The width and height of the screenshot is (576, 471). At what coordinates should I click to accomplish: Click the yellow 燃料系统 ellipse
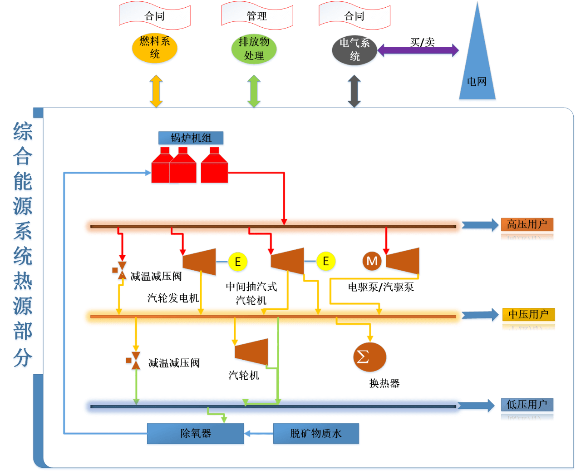click(154, 48)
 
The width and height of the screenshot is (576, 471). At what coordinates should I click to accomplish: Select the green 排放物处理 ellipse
click(254, 49)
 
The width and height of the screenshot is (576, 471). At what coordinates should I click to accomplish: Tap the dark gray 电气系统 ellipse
click(354, 50)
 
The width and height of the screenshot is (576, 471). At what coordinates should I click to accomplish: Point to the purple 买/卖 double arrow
click(418, 50)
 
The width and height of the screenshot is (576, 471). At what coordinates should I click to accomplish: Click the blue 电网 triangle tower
click(477, 68)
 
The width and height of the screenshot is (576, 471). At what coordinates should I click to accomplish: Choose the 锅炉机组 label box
click(191, 138)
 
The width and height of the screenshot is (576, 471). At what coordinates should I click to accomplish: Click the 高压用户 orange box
click(527, 224)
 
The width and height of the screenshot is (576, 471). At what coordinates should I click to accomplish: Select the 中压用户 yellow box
click(528, 314)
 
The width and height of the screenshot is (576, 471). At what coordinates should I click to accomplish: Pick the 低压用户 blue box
click(527, 404)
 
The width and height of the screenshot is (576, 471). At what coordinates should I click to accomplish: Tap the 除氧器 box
click(196, 433)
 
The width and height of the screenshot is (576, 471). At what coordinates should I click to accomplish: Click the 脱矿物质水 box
click(316, 433)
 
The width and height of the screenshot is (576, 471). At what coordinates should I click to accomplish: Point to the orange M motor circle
click(372, 261)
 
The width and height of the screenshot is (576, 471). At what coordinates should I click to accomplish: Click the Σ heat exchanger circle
click(369, 357)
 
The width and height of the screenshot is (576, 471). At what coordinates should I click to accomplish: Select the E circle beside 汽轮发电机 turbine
click(237, 262)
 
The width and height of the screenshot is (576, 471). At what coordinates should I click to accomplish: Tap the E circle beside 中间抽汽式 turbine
click(325, 261)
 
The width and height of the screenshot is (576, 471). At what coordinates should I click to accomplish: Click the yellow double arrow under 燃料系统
click(156, 91)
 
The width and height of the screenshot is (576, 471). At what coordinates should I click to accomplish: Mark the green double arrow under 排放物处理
click(254, 91)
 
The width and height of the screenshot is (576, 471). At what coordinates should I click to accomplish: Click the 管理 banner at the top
click(257, 16)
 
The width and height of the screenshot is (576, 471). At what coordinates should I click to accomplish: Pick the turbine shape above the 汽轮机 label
click(251, 352)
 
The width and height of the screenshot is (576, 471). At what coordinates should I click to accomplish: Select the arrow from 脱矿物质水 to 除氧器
click(259, 434)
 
